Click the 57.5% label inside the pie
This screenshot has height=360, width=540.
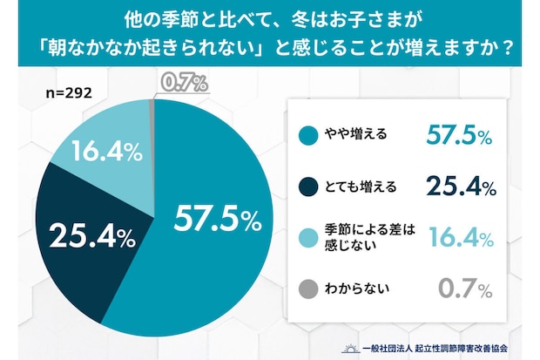tap(217, 220)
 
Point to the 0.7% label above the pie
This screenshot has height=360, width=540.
tap(184, 85)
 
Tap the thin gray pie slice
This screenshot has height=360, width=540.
tap(152, 113)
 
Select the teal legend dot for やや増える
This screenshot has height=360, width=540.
tap(307, 135)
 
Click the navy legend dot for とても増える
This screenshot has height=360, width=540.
tap(307, 186)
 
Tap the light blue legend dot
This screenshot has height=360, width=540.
tap(307, 236)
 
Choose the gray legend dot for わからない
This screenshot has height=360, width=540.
tap(307, 287)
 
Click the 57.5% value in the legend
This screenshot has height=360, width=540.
tap(460, 135)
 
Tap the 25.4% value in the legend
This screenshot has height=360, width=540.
tap(460, 186)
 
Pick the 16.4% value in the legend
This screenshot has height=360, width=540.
tap(460, 236)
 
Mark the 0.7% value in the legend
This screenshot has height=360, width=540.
tap(465, 287)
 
